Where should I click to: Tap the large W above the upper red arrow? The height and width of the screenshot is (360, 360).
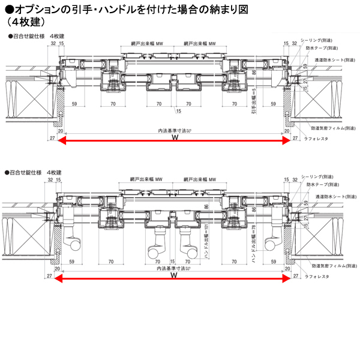coord(175,137)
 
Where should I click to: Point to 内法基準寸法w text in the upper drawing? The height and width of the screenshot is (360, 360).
coord(174,130)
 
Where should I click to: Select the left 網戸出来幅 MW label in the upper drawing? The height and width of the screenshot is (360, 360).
coord(147,44)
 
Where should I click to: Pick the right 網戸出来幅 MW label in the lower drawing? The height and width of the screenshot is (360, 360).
coord(200,179)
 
